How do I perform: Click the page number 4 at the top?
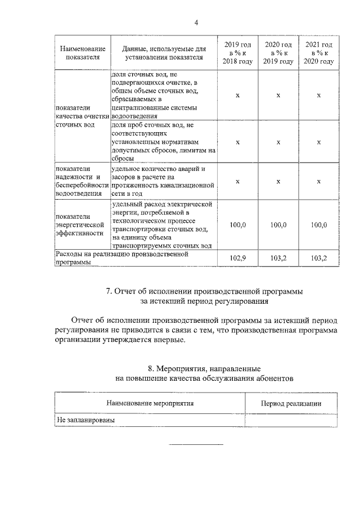click(x=196, y=22)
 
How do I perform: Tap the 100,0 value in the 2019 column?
click(x=238, y=225)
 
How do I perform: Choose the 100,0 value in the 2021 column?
click(x=319, y=225)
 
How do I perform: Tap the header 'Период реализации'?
click(x=291, y=403)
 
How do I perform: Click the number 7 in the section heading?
click(x=109, y=291)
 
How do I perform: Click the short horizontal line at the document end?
click(x=196, y=445)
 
